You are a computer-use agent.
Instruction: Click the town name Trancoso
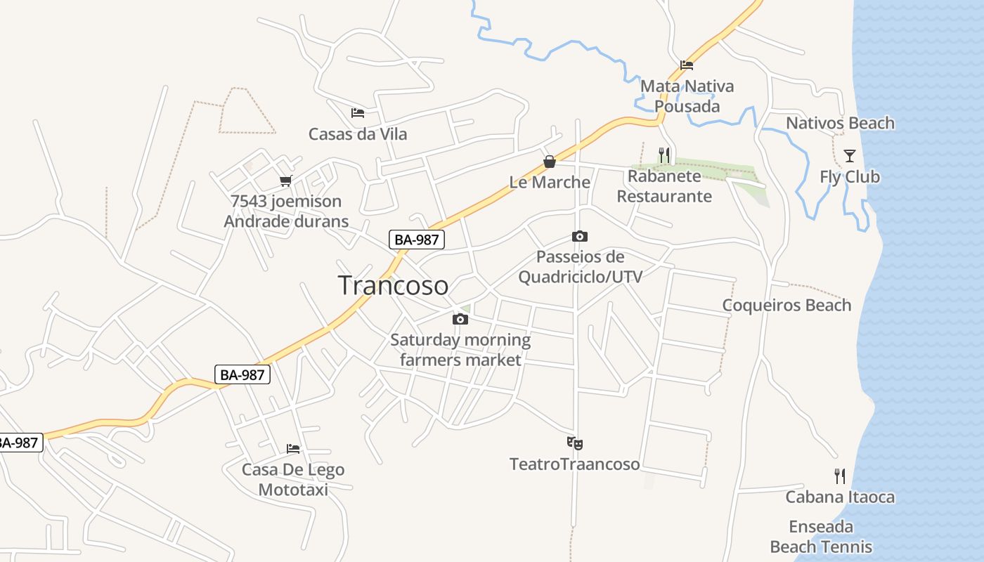point(393,285)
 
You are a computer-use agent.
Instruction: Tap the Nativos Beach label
point(840,123)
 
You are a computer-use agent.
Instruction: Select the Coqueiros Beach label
point(786,305)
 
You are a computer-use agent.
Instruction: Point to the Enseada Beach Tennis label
point(821,537)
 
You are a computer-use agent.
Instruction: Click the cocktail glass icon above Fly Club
point(850,155)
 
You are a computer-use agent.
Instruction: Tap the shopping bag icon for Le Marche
point(550,162)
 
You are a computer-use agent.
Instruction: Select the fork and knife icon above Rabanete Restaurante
point(664,154)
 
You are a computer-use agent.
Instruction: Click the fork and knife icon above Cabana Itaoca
point(840,476)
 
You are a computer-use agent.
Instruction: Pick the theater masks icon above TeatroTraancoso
point(575,443)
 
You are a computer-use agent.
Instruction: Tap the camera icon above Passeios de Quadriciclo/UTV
point(580,236)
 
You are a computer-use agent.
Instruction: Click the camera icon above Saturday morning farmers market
point(460,319)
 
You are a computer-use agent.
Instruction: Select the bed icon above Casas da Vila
point(358,112)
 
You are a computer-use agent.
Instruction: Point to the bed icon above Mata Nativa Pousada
point(687,65)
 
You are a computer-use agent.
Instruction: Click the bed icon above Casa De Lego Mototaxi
point(293,448)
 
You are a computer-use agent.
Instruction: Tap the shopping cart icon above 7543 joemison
point(285,181)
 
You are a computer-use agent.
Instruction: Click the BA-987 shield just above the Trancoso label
point(417,239)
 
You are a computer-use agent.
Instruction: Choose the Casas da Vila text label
point(358,133)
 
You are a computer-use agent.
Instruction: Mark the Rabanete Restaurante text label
point(664,186)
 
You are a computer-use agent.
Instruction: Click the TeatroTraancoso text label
point(575,464)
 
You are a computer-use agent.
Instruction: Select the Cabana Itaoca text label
point(840,497)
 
